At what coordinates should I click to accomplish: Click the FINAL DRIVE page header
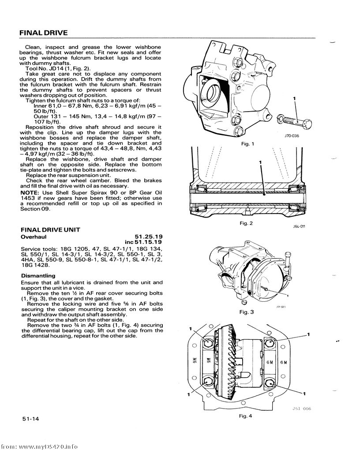[44, 33]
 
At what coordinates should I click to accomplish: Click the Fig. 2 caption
[246, 223]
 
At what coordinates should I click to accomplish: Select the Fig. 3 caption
[246, 312]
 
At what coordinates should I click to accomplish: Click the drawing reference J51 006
[302, 409]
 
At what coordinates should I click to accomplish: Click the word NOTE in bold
[29, 193]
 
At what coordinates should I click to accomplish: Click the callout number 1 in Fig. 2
[260, 162]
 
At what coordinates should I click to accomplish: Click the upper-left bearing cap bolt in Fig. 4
[209, 342]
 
